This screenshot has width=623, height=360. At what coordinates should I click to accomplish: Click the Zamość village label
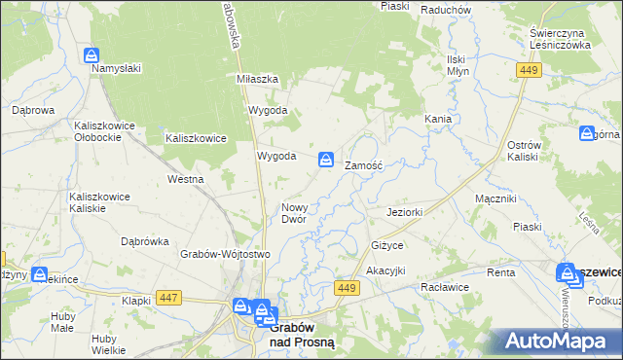[365, 166]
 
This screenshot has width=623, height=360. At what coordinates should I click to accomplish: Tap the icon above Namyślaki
[92, 54]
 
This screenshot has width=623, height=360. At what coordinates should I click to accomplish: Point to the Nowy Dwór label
[294, 213]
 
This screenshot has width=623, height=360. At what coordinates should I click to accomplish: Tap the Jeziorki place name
[403, 211]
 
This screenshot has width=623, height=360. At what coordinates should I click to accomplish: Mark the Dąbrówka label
[145, 241]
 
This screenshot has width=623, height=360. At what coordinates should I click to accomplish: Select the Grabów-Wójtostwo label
[224, 254]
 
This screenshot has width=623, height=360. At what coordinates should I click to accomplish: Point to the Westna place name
[185, 179]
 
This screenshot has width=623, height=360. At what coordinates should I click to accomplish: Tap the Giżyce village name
[386, 244]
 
